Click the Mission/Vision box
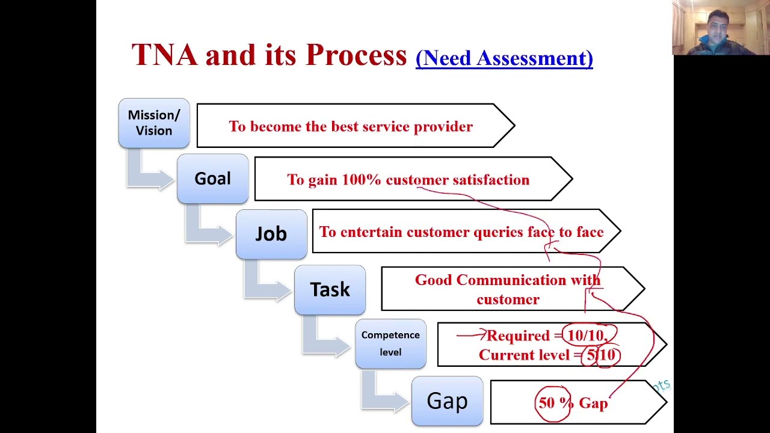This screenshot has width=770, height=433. (x=154, y=123)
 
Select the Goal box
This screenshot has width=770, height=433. (x=212, y=179)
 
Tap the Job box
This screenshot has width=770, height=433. (x=271, y=234)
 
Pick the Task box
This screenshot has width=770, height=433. (x=330, y=290)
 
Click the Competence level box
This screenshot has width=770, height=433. (x=390, y=343)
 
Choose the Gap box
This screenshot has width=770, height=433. (x=447, y=401)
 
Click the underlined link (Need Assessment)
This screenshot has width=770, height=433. (x=504, y=58)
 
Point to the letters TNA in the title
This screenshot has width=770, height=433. (x=164, y=55)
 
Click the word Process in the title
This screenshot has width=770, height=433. (x=356, y=55)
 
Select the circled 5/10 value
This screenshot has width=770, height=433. (x=601, y=355)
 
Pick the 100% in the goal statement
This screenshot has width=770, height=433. (x=361, y=180)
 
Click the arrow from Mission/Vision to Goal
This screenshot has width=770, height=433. (x=147, y=173)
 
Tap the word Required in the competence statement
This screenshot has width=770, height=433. (x=518, y=336)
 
